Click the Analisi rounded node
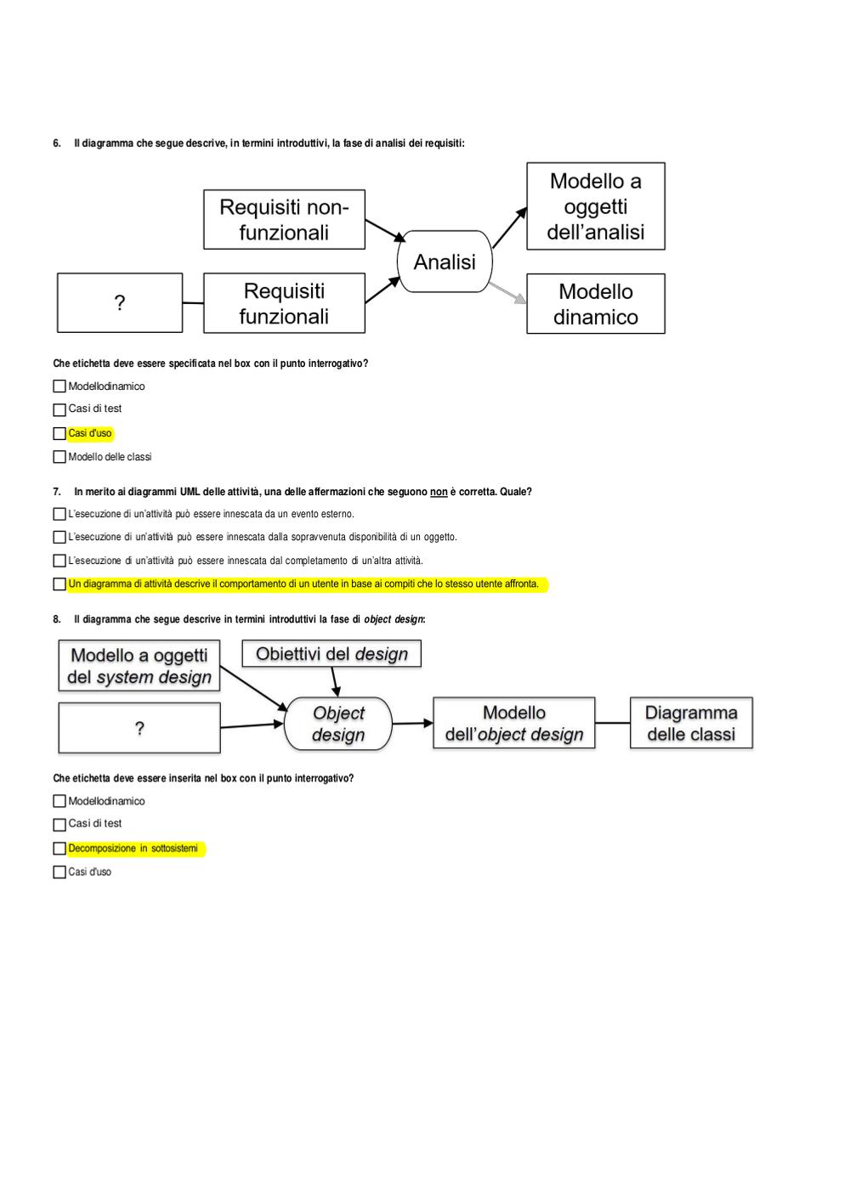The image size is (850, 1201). [x=445, y=262]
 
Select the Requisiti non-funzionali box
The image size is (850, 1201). [x=284, y=219]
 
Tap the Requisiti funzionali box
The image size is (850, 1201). [x=284, y=303]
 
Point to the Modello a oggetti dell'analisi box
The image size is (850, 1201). [x=596, y=206]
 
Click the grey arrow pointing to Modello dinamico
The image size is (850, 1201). [x=507, y=293]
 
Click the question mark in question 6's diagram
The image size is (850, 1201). [x=120, y=303]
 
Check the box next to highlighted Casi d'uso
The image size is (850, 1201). [x=59, y=433]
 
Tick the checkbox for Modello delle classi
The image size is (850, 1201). [x=59, y=457]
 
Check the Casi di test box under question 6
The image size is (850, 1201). [x=59, y=409]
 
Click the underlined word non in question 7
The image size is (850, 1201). [x=439, y=492]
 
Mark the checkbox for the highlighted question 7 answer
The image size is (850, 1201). [x=59, y=584]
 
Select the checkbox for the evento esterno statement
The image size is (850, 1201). [x=59, y=514]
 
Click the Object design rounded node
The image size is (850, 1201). [x=338, y=724]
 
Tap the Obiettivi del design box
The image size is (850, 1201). [x=331, y=653]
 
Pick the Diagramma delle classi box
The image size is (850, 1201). [x=691, y=723]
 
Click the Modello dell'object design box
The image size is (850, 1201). [x=514, y=723]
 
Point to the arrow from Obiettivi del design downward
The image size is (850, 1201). [x=335, y=682]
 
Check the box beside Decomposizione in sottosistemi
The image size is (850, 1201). [x=59, y=849]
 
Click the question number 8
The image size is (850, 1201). [x=57, y=619]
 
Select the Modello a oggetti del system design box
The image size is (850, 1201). [x=139, y=665]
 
